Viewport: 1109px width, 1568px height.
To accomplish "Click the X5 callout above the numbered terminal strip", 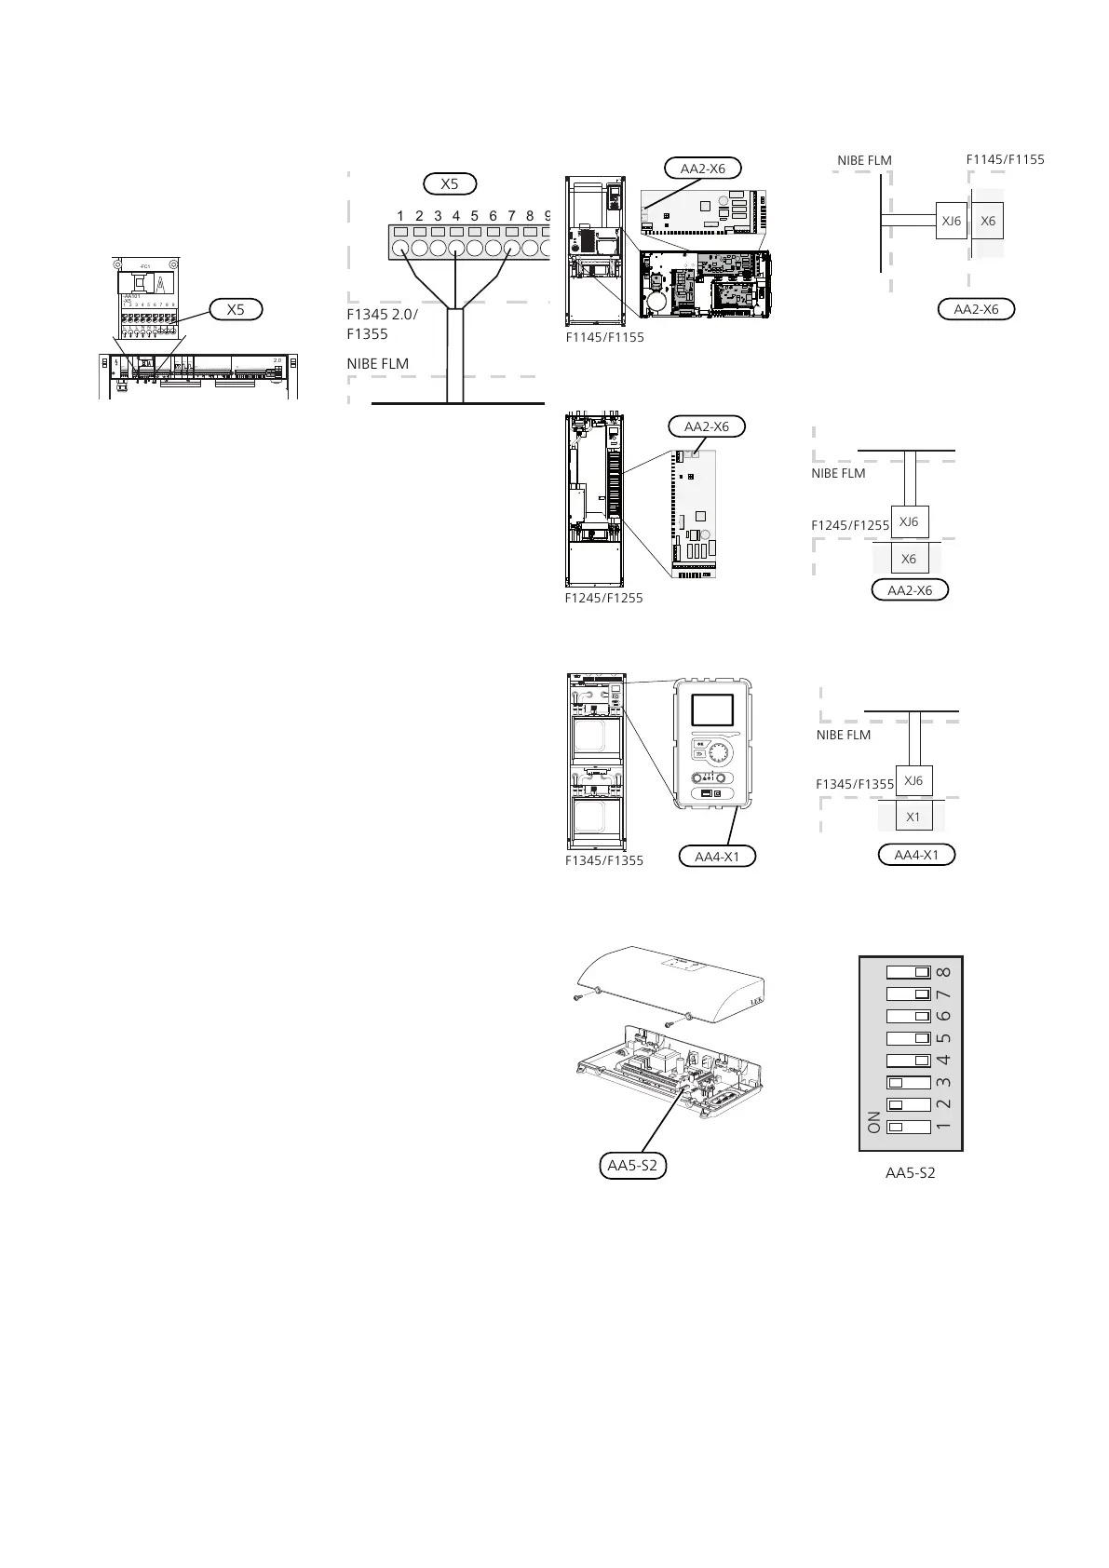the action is (450, 183).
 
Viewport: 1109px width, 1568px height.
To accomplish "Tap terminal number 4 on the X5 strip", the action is (456, 249).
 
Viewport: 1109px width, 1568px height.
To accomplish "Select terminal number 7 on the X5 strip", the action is (511, 249).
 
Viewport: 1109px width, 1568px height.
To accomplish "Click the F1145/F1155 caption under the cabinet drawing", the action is (605, 337).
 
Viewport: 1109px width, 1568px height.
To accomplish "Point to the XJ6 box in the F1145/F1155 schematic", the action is (951, 222).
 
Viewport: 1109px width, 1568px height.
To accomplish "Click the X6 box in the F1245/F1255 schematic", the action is (909, 559).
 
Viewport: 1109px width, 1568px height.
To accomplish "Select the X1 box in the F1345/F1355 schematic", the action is (913, 817).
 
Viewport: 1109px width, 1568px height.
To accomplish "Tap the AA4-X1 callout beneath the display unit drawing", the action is (718, 856).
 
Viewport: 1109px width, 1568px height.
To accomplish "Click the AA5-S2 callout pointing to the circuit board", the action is (631, 1165).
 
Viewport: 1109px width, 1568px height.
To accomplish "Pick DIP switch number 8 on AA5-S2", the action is (910, 971).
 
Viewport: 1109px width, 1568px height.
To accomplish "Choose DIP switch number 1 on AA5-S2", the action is (910, 1127).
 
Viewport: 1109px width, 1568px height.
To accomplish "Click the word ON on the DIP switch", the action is (873, 1122).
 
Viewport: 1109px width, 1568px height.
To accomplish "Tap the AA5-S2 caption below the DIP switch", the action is (910, 1173).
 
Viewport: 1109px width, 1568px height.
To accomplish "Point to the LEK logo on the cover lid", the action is (753, 1004).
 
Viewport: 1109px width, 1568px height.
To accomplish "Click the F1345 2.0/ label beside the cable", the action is (382, 315).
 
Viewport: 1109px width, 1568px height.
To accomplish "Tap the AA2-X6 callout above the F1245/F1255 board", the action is (707, 426).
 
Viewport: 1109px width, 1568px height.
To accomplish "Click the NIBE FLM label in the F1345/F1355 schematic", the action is (844, 735).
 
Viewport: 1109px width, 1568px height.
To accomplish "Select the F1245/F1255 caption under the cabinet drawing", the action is (603, 598).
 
